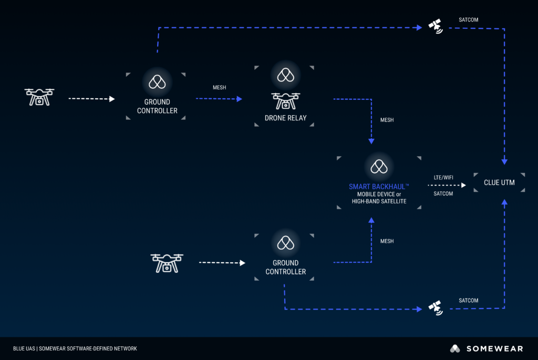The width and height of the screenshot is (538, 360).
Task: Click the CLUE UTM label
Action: coord(499,182)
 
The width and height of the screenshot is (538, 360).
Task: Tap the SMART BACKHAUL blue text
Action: coord(379,187)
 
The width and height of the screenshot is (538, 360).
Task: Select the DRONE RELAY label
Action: coord(285,118)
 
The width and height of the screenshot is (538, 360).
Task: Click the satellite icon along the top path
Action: coord(435,26)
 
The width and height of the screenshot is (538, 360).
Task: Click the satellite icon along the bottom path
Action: coord(435,307)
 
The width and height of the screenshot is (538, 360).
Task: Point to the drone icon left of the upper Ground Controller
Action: coord(39,97)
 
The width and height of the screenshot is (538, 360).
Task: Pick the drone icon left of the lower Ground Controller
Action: coord(167,262)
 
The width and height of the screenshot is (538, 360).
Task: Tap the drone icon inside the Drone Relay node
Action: coord(285,101)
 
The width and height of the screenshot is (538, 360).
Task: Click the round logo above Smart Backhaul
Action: coord(379,166)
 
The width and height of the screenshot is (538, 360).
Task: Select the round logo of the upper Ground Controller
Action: coord(157,81)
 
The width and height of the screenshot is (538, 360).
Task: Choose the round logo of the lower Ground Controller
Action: coord(285,242)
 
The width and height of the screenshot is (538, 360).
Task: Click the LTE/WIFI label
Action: coord(443,178)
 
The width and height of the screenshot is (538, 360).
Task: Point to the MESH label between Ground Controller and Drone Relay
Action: coord(219,88)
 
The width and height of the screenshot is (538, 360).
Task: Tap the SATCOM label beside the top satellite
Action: coord(468,20)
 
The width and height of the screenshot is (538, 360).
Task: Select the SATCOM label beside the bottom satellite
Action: coord(468,301)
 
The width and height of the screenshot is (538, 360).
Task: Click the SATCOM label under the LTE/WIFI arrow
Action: coord(443,194)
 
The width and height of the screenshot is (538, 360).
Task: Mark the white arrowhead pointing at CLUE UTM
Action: coord(463,186)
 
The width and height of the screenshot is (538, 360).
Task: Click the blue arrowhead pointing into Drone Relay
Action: coord(240,99)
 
